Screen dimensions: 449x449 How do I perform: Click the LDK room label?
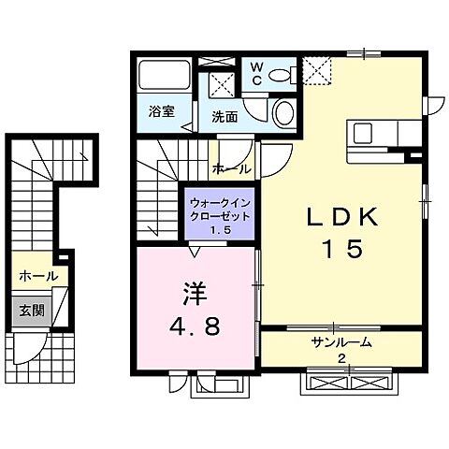[x=343, y=217]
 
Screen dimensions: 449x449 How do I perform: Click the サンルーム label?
[x=341, y=343]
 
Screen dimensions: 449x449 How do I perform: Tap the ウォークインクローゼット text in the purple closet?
[x=221, y=209]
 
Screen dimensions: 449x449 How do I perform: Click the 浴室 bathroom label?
[x=161, y=111]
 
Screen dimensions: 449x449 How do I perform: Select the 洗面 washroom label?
[x=224, y=117]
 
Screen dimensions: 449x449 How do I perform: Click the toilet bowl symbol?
[x=284, y=114]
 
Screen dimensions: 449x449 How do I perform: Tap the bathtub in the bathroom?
[x=165, y=76]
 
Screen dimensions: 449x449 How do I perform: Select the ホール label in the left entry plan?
[x=38, y=276]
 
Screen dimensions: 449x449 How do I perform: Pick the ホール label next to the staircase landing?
[x=231, y=169]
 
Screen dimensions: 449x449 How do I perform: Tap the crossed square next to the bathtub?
[x=222, y=83]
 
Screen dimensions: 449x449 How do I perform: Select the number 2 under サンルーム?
[x=341, y=359]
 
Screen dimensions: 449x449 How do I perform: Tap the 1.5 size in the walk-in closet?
[x=221, y=230]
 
